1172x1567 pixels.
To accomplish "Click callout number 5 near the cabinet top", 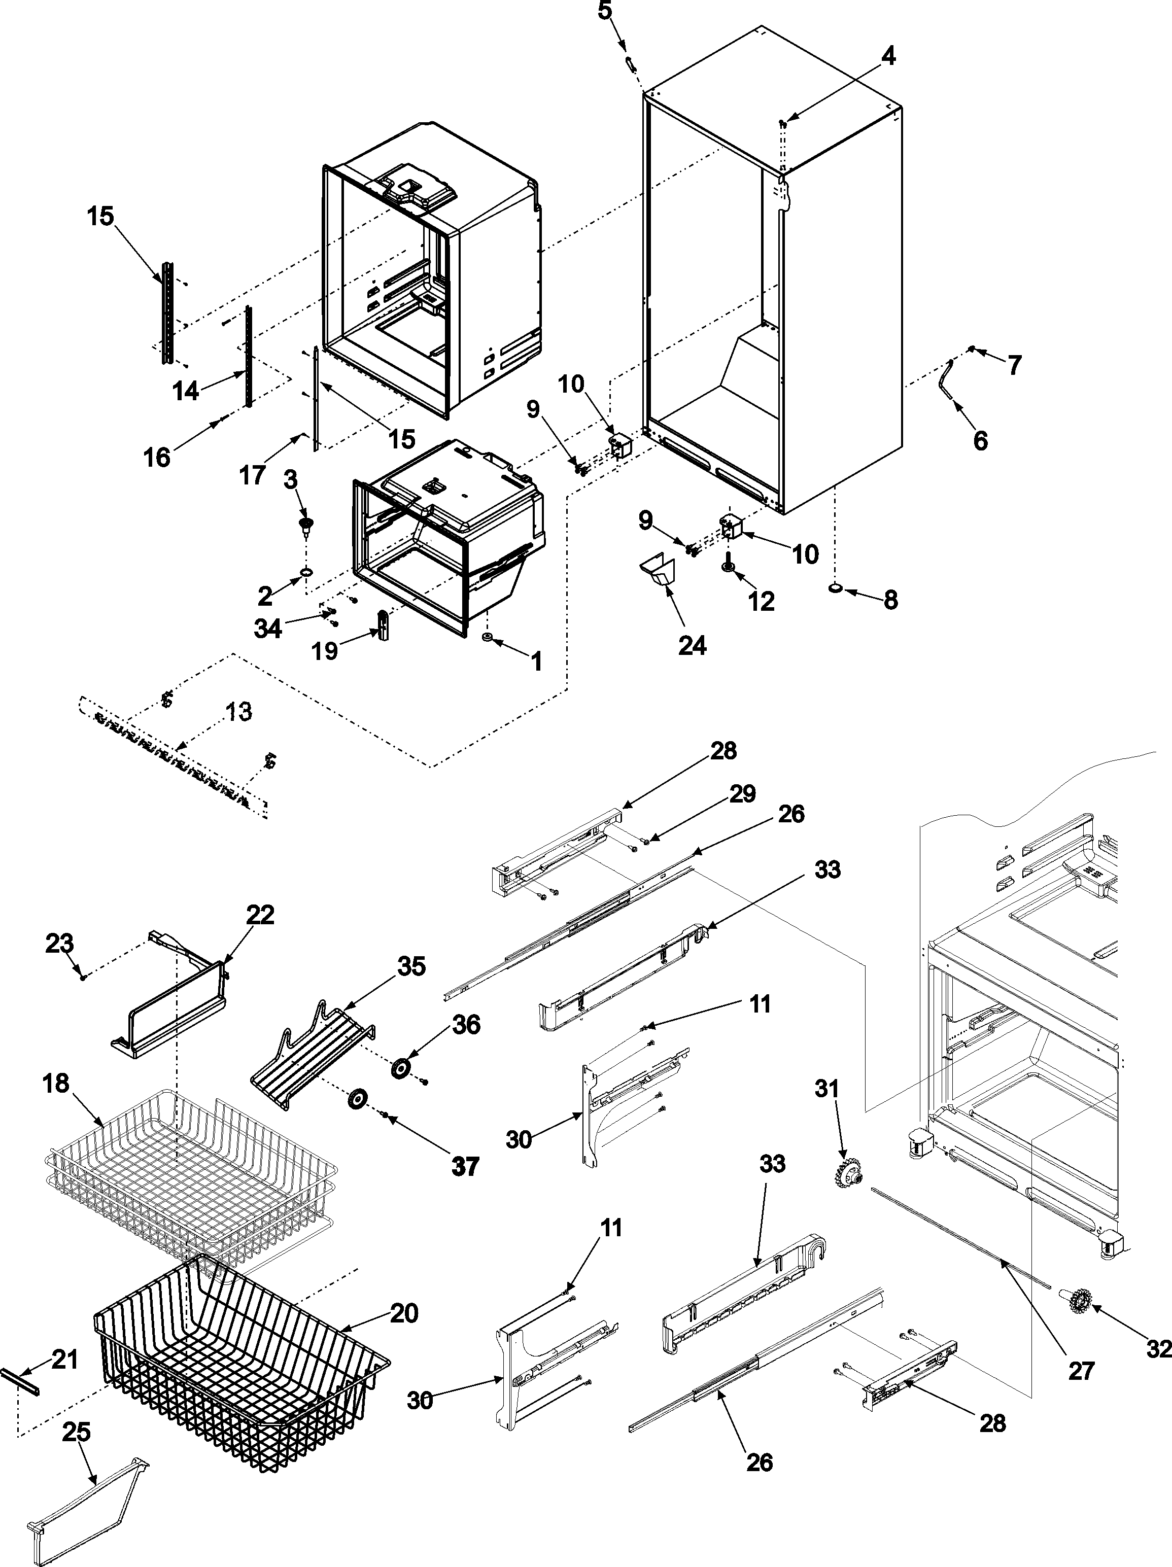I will [x=604, y=12].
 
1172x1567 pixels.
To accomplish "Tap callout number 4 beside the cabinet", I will [x=887, y=56].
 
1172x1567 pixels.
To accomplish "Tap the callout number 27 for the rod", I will [x=1081, y=1371].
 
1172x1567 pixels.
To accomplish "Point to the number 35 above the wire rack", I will [x=411, y=966].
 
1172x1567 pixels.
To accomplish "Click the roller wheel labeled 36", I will [x=402, y=1069].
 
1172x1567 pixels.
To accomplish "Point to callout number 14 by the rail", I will [x=186, y=390].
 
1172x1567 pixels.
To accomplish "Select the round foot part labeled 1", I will [x=488, y=639].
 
